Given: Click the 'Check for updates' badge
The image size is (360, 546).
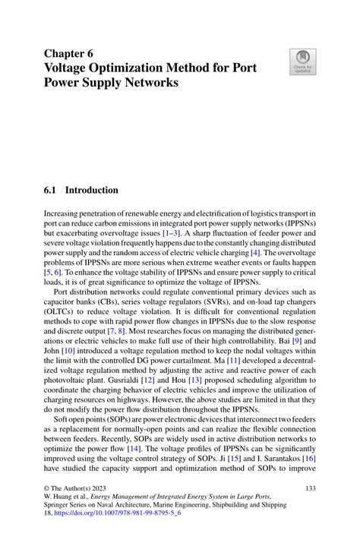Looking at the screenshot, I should [302, 62].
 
